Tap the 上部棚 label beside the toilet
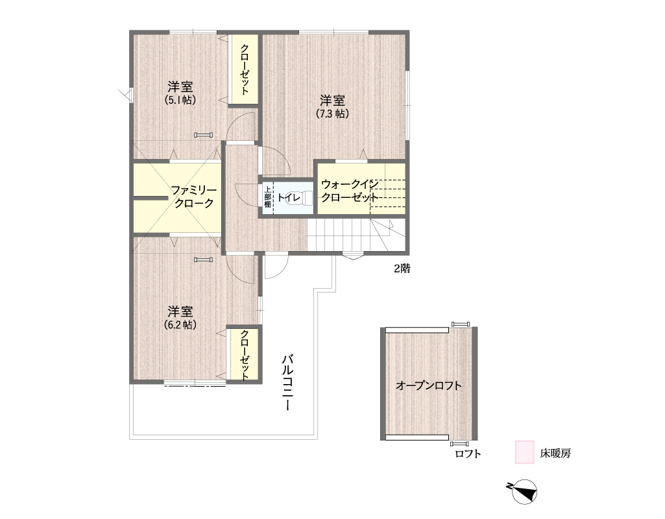point(267,197)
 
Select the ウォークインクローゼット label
point(350,191)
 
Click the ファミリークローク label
point(194,197)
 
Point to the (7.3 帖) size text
point(332,114)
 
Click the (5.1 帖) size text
point(180,100)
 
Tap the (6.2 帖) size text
point(180,324)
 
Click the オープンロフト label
point(428,385)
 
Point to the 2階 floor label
point(402,269)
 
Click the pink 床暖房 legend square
point(525,452)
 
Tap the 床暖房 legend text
point(555,453)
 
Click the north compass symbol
point(524,492)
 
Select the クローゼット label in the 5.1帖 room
point(245,70)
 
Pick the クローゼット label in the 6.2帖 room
point(245,355)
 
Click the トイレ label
point(289,198)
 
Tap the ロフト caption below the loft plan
point(468,453)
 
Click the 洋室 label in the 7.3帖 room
point(332,101)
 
